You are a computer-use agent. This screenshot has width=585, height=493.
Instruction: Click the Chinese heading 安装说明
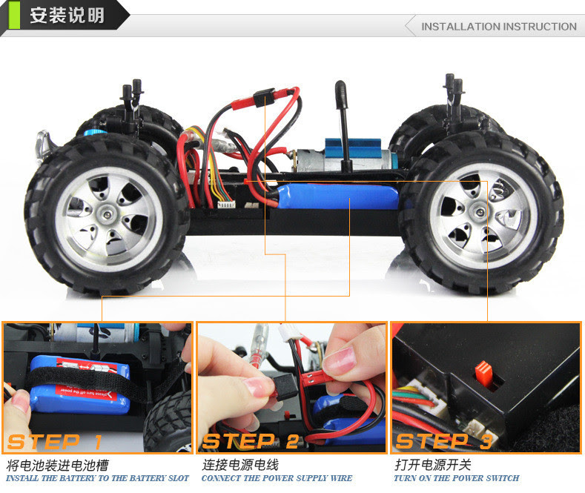(x=67, y=16)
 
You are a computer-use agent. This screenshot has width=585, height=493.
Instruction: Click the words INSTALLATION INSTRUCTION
(x=499, y=27)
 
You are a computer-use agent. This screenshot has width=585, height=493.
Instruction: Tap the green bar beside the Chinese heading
(x=14, y=15)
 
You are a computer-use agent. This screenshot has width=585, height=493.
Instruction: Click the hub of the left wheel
(x=108, y=214)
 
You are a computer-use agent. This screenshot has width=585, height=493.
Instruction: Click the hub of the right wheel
(x=482, y=213)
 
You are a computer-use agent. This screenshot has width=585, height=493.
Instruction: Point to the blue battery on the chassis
(x=336, y=196)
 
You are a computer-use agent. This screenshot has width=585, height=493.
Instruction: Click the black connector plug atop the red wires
(x=264, y=98)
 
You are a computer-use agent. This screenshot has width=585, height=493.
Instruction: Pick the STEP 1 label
(x=54, y=442)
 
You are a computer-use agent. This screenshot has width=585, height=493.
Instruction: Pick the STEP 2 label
(x=251, y=442)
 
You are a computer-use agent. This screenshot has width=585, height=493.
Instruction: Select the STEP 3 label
(x=444, y=442)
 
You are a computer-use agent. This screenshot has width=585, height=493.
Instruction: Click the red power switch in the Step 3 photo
(x=483, y=372)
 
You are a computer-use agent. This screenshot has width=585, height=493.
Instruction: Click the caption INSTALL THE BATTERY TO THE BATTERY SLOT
(x=97, y=478)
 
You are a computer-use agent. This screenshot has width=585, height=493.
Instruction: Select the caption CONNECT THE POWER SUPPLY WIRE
(x=277, y=478)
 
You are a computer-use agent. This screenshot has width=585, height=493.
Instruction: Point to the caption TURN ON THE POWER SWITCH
(x=457, y=478)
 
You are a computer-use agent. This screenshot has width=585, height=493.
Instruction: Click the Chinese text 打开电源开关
(x=433, y=465)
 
